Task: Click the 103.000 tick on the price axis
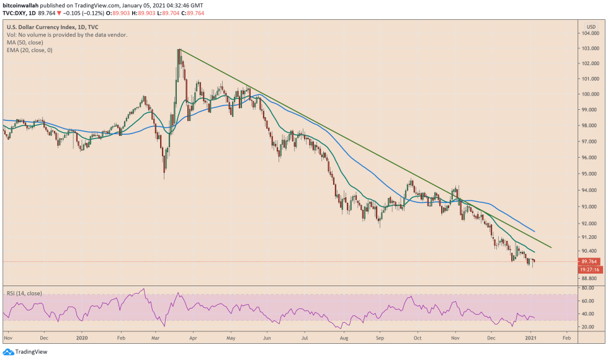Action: [x=590, y=48]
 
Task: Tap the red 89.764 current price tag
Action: [x=589, y=261]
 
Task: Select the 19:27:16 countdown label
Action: [x=589, y=270]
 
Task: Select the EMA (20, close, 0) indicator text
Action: [x=30, y=50]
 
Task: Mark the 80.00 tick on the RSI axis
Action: [x=588, y=288]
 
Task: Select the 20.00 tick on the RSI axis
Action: [x=588, y=326]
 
